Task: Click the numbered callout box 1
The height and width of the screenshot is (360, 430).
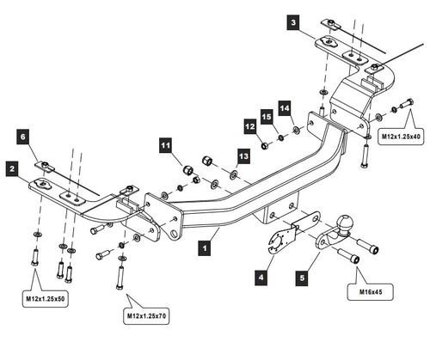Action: [205, 247]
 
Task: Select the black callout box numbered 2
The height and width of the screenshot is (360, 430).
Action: [12, 168]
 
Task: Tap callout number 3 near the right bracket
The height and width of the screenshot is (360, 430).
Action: [293, 23]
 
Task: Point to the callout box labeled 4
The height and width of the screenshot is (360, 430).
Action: [261, 278]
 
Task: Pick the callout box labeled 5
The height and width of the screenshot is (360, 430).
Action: [303, 278]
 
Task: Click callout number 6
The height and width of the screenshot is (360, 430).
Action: [23, 137]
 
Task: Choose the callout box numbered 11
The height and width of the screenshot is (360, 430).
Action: [165, 145]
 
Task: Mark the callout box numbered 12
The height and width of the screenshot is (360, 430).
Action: [250, 126]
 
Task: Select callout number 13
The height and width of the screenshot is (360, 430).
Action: [243, 156]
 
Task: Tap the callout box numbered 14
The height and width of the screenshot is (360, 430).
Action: [285, 108]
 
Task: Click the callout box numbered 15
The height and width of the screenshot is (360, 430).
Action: [267, 117]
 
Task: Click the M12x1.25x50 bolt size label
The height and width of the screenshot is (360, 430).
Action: [46, 299]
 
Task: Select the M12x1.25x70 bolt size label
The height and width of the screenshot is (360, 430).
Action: [146, 316]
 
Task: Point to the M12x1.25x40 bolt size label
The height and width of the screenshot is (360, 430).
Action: [401, 137]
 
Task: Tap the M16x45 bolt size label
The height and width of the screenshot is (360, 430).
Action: [371, 292]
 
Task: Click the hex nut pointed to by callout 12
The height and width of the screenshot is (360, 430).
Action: [264, 145]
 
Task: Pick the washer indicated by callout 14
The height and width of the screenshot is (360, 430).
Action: [296, 130]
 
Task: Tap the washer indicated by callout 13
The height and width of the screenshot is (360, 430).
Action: [233, 174]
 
